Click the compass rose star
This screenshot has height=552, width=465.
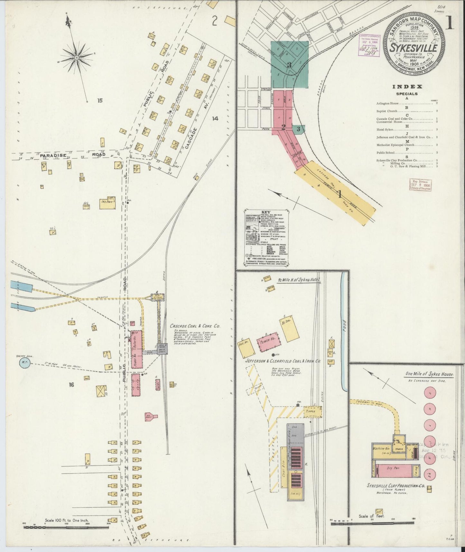[x=77, y=58]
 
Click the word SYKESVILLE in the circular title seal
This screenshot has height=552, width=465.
[x=414, y=48]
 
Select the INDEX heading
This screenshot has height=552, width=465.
[x=407, y=86]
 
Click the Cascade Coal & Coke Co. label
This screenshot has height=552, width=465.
[x=195, y=326]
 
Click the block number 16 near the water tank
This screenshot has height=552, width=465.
[x=71, y=384]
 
